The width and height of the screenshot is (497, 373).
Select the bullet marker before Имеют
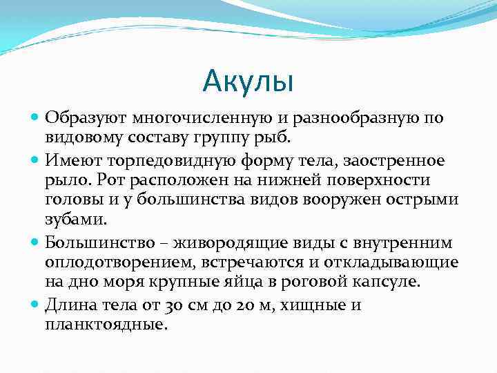click(37, 161)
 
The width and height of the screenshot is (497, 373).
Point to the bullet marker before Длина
click(37, 305)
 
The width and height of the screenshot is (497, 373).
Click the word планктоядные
click(106, 325)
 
